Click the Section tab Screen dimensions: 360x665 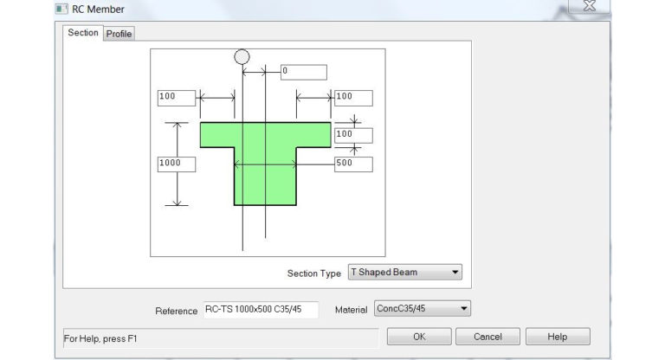coord(83,33)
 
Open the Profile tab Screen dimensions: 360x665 coord(119,34)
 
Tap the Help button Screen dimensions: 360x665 coord(558,337)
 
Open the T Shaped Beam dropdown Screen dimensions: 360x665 coord(404,272)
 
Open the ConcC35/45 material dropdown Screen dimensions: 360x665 coord(422,309)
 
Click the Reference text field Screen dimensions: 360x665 coord(260,310)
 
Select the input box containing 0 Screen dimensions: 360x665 coord(303,72)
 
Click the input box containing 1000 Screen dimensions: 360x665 coord(176,164)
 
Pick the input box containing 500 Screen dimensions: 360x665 coord(353,164)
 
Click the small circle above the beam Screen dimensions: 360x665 coord(242,56)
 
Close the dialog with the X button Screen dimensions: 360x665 coord(590,6)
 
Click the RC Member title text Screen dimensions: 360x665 coord(100,10)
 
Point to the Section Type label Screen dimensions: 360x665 coord(313,273)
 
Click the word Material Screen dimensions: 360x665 coord(351,310)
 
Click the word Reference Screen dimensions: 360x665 coord(177,311)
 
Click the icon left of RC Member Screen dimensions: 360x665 coord(61,10)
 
